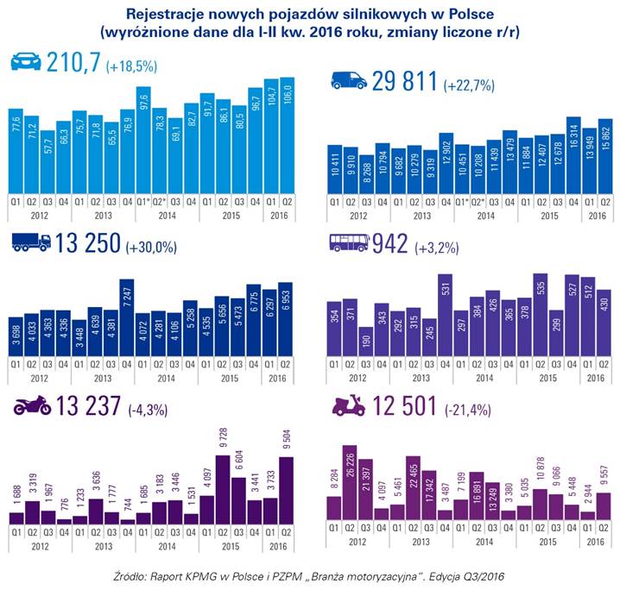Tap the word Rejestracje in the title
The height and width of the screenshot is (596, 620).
tap(168, 15)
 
